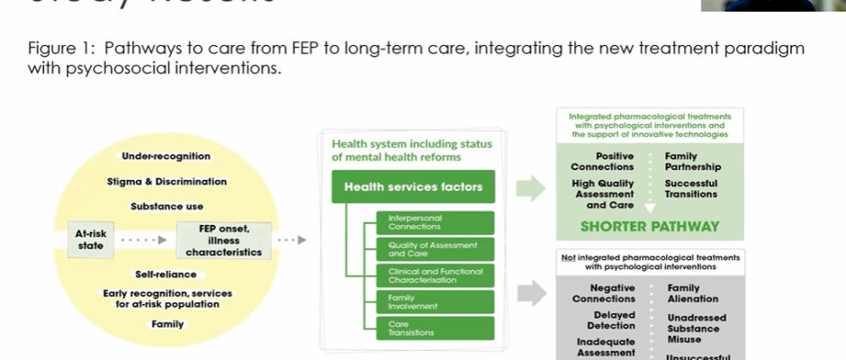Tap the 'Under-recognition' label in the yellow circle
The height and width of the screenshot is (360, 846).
166,157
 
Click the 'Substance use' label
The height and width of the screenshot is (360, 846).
166,206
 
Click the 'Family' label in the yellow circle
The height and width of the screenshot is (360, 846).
167,324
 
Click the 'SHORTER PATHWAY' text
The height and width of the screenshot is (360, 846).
635,227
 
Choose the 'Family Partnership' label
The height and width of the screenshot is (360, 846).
692,161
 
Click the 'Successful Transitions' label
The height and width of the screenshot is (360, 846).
691,188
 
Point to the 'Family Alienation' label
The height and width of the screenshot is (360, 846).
692,293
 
